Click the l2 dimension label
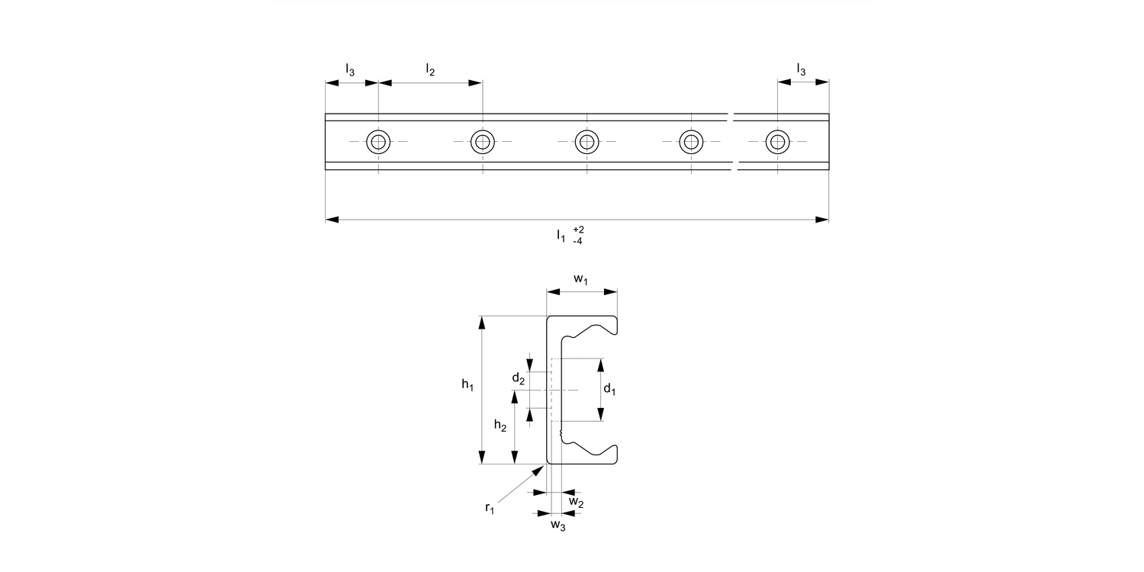[430, 71]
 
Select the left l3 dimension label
[350, 71]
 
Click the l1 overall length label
[561, 236]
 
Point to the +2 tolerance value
[578, 230]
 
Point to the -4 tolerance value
[578, 241]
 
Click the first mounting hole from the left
[378, 142]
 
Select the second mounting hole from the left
[482, 142]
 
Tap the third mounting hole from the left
[586, 142]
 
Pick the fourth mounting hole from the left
[691, 142]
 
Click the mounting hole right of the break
[778, 142]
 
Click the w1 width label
[581, 280]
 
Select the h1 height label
[468, 387]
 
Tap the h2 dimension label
[500, 426]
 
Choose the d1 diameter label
[609, 390]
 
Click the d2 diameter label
[518, 378]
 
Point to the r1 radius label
[490, 509]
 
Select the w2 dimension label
[577, 503]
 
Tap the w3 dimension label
[558, 525]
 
